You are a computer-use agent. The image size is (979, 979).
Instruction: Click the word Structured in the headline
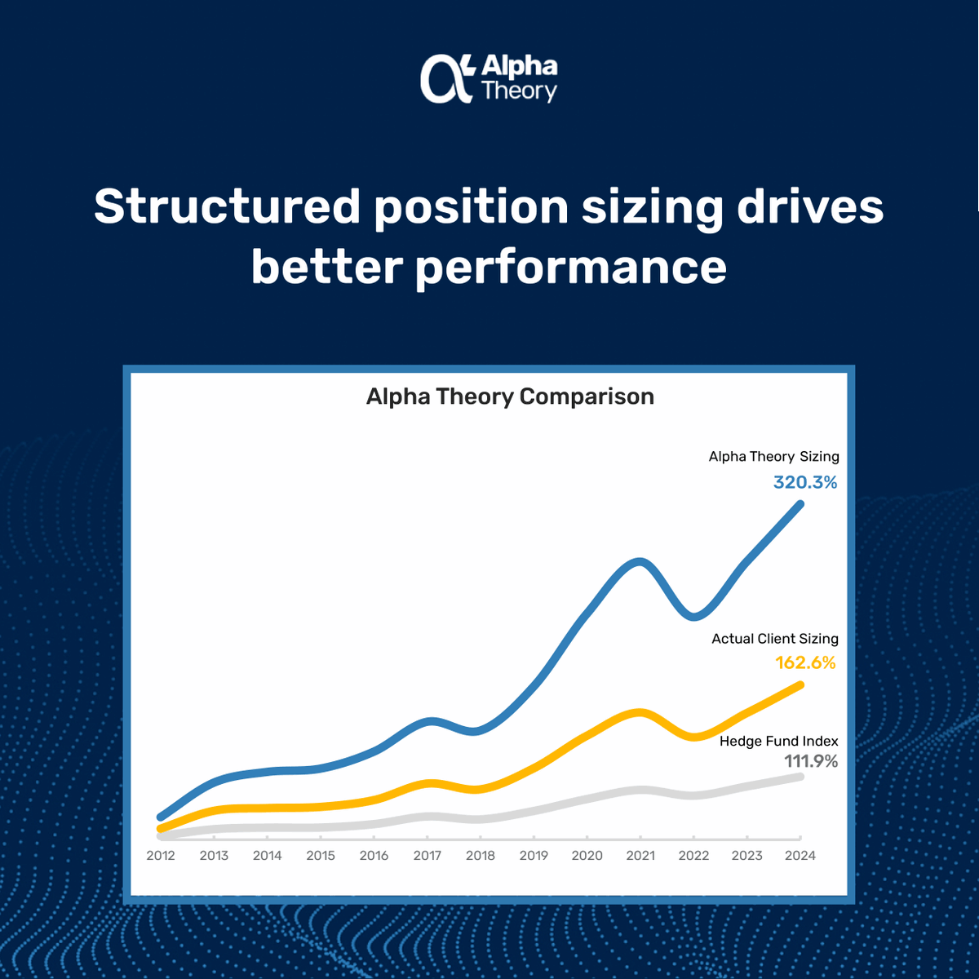(227, 206)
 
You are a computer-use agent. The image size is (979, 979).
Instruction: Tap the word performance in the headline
(571, 267)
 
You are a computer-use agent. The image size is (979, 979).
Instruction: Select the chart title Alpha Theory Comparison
(510, 396)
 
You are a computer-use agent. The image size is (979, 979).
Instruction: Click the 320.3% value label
(805, 482)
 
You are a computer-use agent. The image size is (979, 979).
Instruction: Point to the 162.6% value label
(805, 662)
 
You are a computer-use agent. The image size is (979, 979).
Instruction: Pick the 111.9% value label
(811, 761)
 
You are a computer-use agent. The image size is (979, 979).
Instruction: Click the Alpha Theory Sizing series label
(773, 457)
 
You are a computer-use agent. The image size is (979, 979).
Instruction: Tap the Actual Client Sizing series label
(774, 639)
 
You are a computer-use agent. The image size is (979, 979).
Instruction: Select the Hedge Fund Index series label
(778, 741)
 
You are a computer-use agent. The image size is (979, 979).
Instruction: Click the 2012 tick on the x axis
(161, 855)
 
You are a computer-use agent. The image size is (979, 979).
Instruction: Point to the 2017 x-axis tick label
(427, 855)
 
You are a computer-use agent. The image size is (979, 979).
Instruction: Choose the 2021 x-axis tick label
(640, 855)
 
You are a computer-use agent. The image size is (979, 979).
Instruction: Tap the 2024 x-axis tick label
(800, 855)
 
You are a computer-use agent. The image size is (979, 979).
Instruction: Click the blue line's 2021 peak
(641, 562)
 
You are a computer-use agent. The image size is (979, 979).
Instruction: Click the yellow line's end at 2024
(800, 685)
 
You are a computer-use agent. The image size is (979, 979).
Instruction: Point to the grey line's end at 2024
(800, 777)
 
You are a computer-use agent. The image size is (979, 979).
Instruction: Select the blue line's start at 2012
(161, 817)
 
